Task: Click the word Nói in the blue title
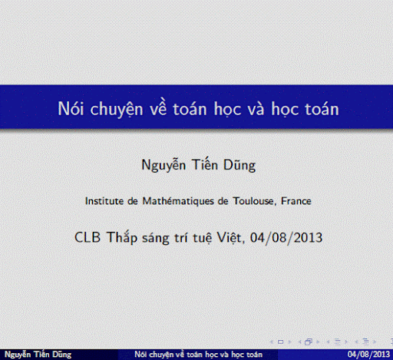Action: (x=71, y=108)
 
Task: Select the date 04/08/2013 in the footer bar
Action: (x=368, y=355)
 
